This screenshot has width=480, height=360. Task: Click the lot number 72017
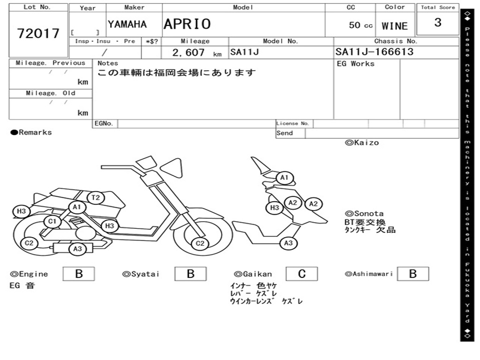(x=38, y=33)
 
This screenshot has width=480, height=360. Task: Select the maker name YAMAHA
(x=127, y=24)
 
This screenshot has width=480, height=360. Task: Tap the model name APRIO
(x=187, y=24)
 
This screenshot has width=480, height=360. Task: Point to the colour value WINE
(x=395, y=26)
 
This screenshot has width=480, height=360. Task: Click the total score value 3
(x=438, y=22)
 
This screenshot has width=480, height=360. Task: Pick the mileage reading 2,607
(x=188, y=52)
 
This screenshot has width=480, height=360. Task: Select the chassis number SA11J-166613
(x=375, y=52)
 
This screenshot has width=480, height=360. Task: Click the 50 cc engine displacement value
(x=361, y=25)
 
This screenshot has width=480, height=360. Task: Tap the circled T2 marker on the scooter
(x=96, y=197)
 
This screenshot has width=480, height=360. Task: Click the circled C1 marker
(x=52, y=221)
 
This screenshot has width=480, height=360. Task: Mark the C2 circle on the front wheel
(x=200, y=243)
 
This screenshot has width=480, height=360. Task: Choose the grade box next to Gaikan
(x=301, y=274)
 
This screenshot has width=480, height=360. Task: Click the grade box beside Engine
(x=79, y=274)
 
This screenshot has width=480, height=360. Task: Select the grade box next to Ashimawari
(x=412, y=274)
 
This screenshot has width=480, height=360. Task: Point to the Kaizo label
(x=362, y=142)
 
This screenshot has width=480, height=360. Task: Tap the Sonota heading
(x=365, y=213)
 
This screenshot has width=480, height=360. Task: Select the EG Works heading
(x=356, y=64)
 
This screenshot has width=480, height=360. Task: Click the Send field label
(x=285, y=133)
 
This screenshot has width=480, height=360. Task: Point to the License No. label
(x=293, y=123)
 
